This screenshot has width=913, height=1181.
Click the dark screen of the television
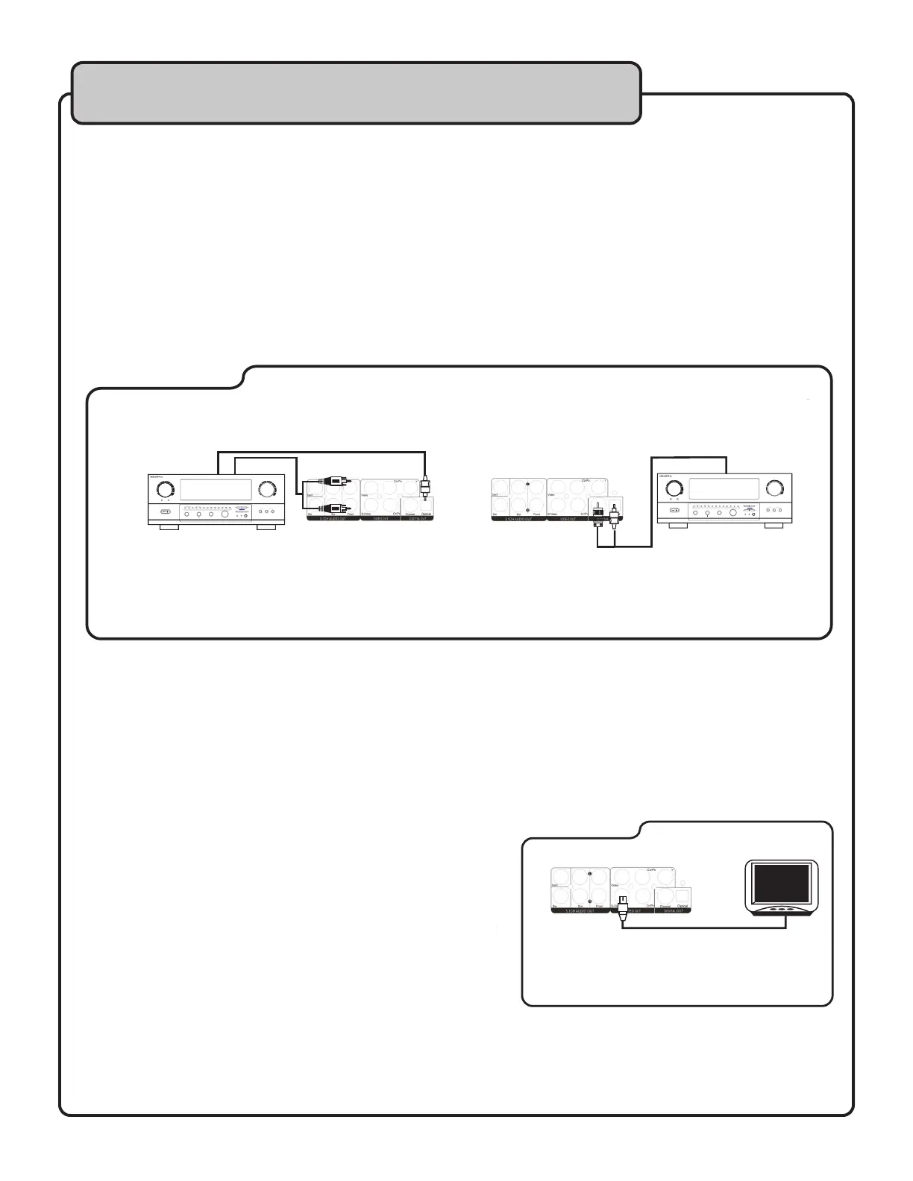click(x=781, y=883)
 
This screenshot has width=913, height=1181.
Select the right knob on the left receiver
click(x=266, y=489)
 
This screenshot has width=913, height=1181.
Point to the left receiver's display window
click(x=214, y=490)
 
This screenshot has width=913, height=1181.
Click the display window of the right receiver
click(x=724, y=489)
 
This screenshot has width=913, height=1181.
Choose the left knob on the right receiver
click(x=672, y=488)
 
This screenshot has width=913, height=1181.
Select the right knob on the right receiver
click(x=776, y=488)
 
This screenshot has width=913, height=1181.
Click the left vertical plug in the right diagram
click(x=598, y=515)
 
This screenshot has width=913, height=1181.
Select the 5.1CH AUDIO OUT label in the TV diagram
click(x=580, y=912)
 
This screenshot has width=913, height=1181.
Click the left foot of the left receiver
click(x=169, y=526)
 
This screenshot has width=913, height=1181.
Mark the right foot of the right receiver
click(x=773, y=526)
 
